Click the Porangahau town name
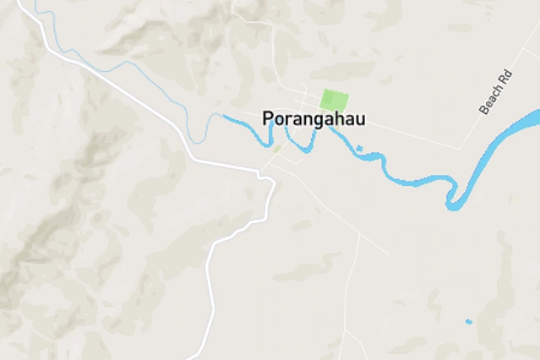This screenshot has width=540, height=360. click(x=314, y=119)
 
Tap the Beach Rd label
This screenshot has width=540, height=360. click(x=496, y=93)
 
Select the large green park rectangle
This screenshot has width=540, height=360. click(x=334, y=100)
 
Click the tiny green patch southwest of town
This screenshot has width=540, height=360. click(x=276, y=149)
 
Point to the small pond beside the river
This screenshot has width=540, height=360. click(x=359, y=149)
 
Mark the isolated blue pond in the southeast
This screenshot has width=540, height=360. click(x=468, y=321)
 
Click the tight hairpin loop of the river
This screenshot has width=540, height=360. click(x=453, y=204)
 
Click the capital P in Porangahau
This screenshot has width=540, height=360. click(x=268, y=119)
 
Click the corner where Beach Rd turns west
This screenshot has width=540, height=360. click(x=461, y=149)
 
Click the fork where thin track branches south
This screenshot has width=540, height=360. click(x=359, y=236)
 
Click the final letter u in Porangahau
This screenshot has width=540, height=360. click(x=361, y=119)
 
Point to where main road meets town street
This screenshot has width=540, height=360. click(x=262, y=174)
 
